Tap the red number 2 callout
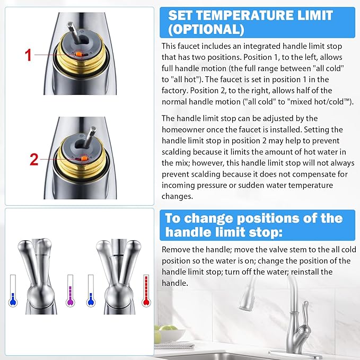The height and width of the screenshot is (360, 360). click(34, 159)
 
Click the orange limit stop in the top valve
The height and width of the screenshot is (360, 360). click(77, 54)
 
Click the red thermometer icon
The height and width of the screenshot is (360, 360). click(146, 289)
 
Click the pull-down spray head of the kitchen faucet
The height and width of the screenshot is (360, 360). click(248, 300)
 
